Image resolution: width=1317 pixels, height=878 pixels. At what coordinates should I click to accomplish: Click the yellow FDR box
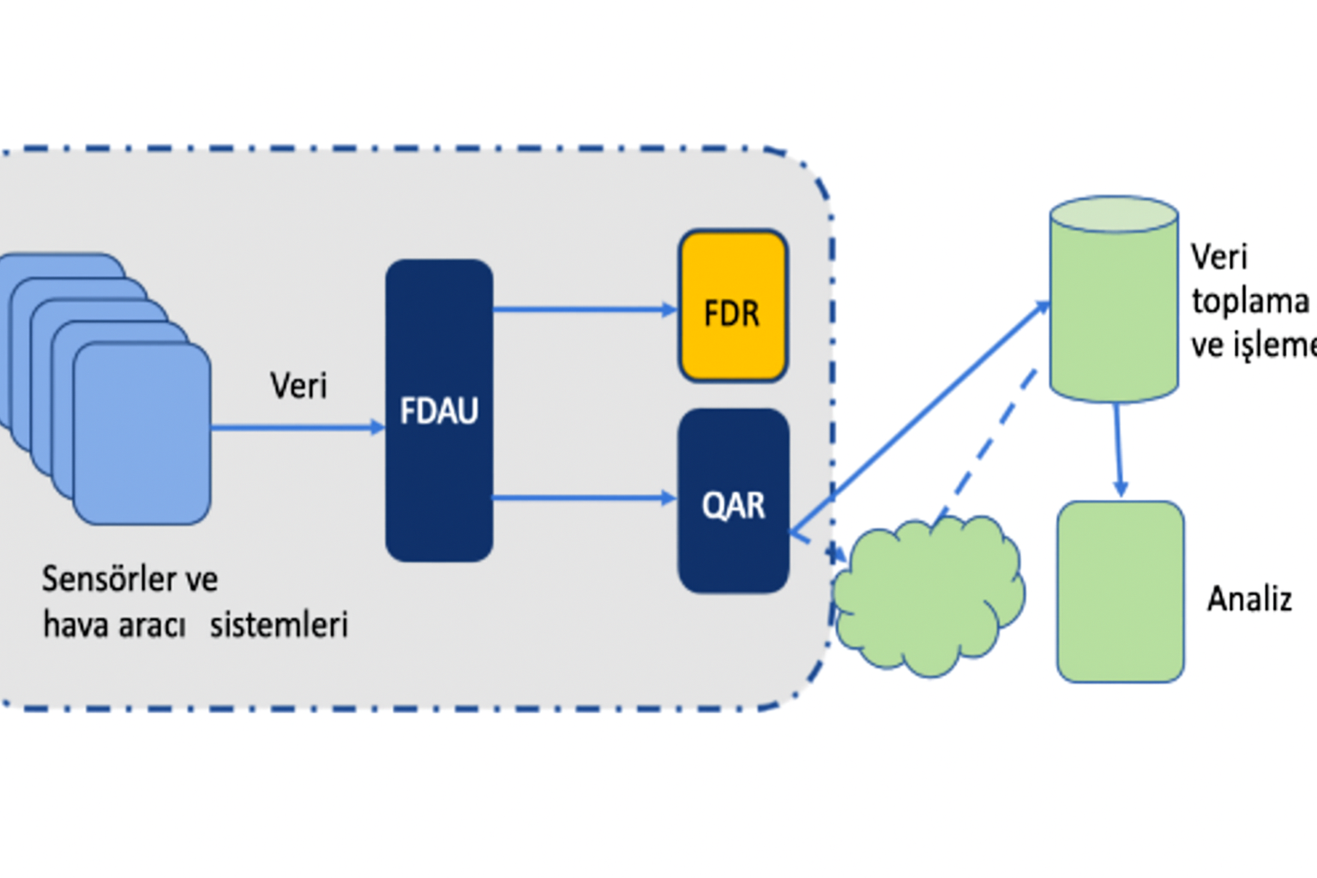[x=733, y=306]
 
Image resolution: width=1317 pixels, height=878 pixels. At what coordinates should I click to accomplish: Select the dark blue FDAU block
[x=439, y=411]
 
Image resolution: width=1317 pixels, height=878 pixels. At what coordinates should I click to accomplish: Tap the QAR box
[x=733, y=502]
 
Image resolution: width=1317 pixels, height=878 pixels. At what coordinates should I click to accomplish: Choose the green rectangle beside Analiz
[x=1120, y=592]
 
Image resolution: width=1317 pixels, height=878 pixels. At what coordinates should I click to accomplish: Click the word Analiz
[x=1249, y=598]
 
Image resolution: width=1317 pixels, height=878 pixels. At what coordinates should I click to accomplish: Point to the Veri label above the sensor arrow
[x=298, y=386]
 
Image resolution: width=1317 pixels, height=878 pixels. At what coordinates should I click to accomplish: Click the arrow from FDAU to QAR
[x=583, y=497]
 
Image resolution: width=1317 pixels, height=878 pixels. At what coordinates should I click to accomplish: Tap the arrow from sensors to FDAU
[x=297, y=427]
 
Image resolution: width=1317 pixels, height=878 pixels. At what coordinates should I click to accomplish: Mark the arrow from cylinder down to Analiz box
[x=1118, y=449]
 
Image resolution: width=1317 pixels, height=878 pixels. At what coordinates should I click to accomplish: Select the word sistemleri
[x=279, y=624]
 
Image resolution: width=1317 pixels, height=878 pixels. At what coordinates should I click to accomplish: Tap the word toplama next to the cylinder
[x=1249, y=301]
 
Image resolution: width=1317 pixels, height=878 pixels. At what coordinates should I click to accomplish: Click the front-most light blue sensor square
[x=142, y=433]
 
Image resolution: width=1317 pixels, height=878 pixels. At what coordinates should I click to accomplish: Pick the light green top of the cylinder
[x=1114, y=214]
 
